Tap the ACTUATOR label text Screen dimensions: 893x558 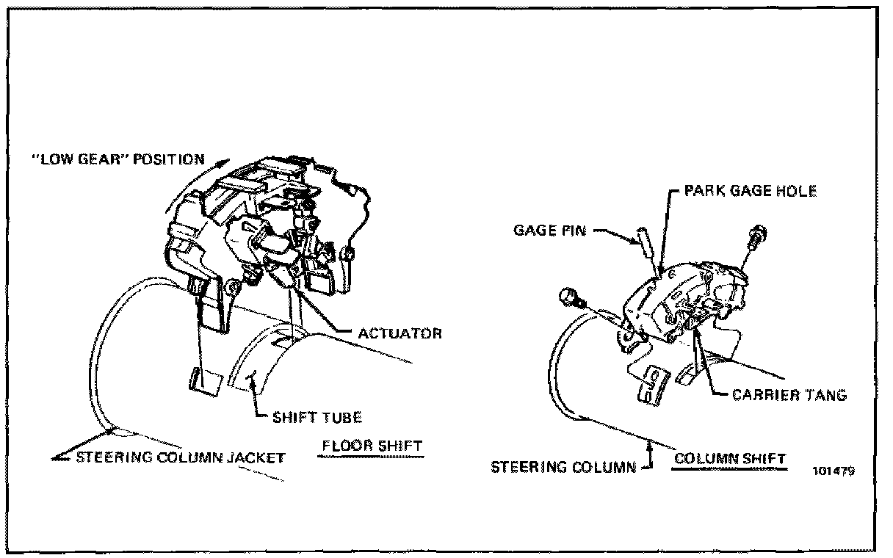point(399,333)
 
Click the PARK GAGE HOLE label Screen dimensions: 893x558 point(750,191)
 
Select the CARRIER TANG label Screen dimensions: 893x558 point(789,394)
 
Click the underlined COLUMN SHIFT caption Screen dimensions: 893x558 point(730,458)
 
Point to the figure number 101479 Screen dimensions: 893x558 point(835,471)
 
